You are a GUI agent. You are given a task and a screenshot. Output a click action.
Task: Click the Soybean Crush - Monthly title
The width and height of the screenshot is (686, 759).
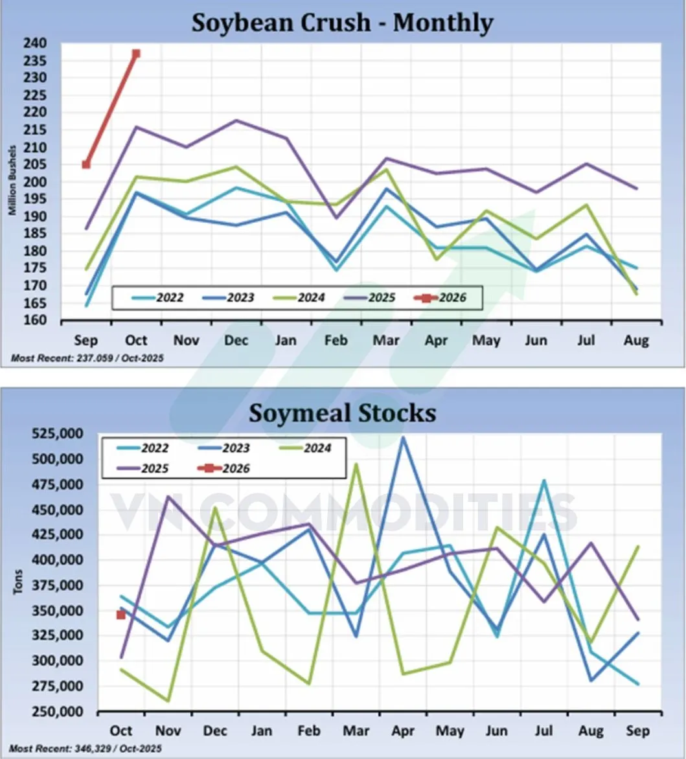[x=342, y=23]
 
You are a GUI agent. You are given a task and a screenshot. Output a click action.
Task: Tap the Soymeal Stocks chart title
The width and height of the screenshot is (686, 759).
[x=342, y=413]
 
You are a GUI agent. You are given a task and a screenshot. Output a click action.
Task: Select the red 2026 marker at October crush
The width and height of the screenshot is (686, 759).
[x=136, y=54]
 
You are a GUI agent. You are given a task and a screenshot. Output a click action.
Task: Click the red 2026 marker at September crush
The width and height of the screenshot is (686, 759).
[x=86, y=164]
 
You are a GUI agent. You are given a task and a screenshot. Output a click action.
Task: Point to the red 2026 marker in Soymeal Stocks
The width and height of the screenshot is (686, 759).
[x=120, y=615]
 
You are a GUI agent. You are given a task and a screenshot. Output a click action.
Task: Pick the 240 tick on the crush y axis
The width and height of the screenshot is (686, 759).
[x=36, y=43]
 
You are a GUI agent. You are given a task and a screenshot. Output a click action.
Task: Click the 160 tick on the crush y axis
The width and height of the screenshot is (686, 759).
[x=36, y=321]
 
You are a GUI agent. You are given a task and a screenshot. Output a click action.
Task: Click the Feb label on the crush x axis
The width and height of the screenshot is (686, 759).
[x=336, y=341]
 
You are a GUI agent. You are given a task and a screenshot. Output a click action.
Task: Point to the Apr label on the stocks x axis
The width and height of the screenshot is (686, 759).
[x=402, y=731]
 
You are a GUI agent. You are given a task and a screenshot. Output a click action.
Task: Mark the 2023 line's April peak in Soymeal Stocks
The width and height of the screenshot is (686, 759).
[x=403, y=437]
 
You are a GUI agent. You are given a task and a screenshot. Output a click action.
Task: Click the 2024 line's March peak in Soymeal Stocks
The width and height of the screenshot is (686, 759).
[x=356, y=464]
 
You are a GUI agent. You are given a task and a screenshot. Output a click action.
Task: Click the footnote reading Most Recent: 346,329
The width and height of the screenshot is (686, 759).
[x=86, y=749]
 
